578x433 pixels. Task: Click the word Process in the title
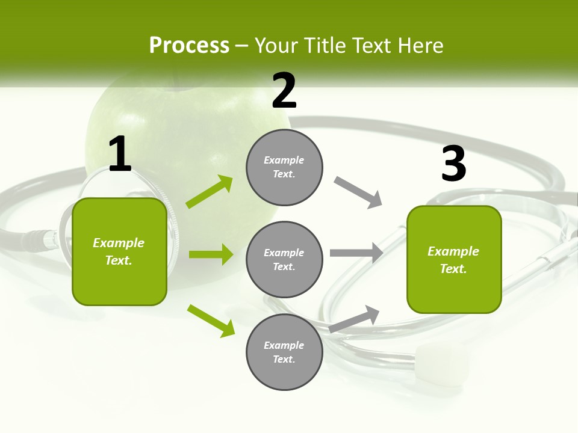point(189,46)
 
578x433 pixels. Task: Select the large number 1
point(120,155)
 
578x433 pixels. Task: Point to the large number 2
point(284,91)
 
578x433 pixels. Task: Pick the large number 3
point(453,164)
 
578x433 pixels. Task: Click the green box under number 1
point(119,251)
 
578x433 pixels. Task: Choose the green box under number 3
point(454,259)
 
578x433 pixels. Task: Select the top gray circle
point(284,167)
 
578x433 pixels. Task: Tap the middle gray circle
point(284,259)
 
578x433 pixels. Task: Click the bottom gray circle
point(284,352)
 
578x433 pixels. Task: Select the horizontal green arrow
point(211,254)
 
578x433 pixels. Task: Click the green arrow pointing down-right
point(211,321)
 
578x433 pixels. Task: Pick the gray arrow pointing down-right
point(358,192)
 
